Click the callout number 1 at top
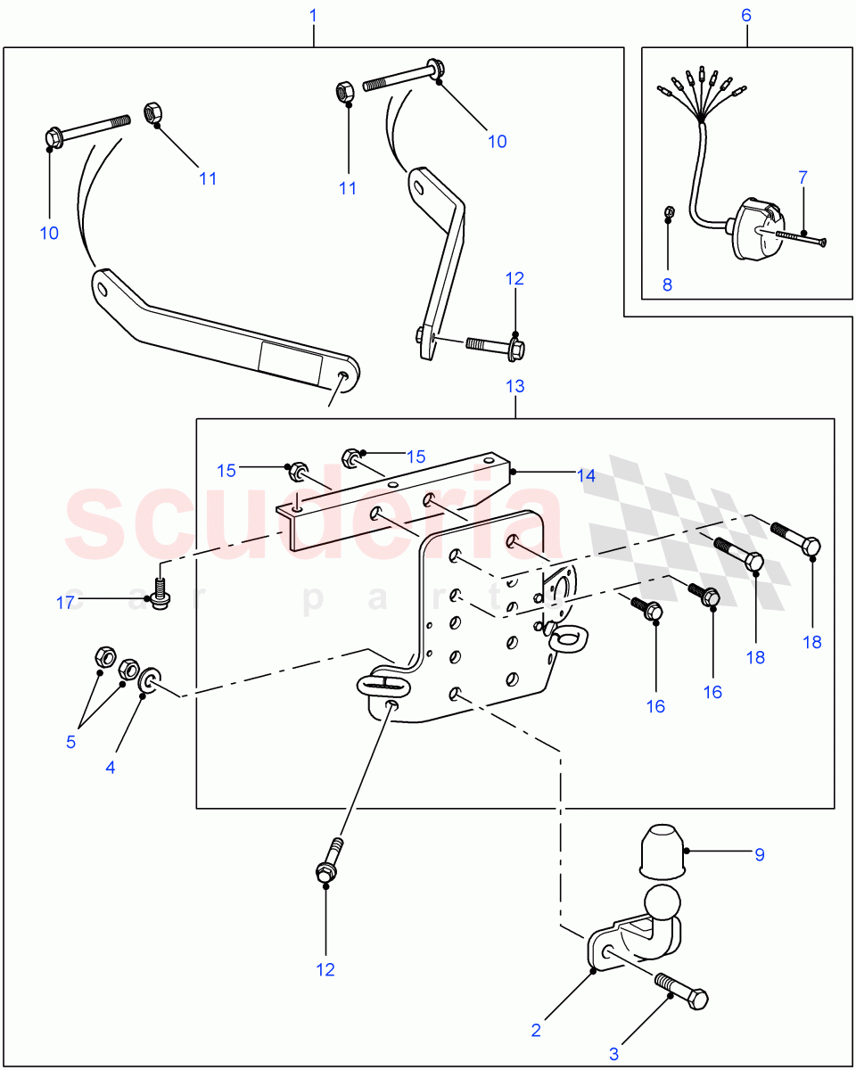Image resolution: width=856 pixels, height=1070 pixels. pos(313,15)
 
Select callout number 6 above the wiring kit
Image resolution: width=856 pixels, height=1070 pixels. pos(746,15)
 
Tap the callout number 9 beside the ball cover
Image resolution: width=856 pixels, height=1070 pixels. pos(760,854)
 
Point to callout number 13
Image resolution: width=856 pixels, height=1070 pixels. pos(515,386)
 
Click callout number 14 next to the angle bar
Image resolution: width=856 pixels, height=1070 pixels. pos(585,476)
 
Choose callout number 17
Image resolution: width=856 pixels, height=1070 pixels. pos(65,603)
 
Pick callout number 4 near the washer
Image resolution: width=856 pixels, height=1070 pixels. pos(111,767)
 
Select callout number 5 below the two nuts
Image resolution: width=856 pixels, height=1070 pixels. pos(70,742)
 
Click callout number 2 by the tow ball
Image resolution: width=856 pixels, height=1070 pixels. pos(536,1030)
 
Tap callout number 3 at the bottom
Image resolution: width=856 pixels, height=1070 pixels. pos(613,1054)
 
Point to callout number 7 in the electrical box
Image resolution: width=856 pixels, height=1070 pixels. pos(802,177)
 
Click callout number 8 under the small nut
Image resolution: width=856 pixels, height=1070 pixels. pos(667,284)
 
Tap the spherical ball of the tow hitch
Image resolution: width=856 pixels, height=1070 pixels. pos(661,903)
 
